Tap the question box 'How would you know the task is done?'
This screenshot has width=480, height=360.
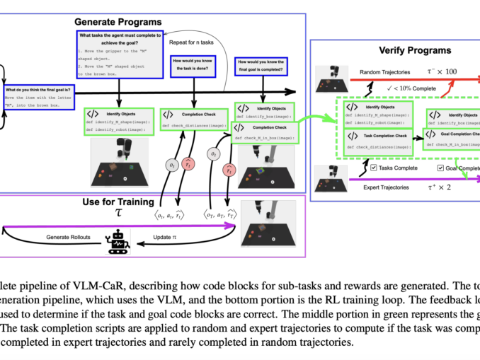click(194, 71)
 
